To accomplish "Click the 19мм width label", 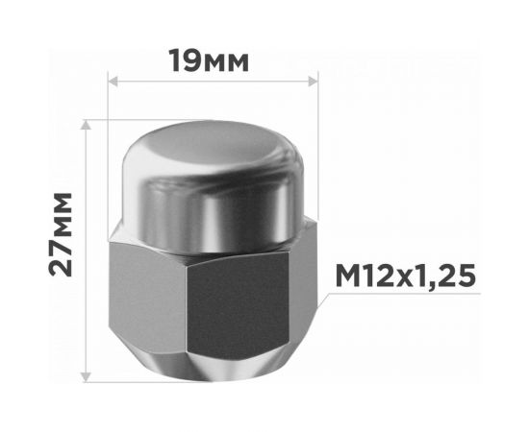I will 208,60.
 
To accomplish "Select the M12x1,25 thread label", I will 406,276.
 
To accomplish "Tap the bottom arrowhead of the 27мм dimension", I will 88,377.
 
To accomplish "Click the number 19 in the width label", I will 185,60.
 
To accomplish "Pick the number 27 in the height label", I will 62,260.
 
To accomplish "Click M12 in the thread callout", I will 361,276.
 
